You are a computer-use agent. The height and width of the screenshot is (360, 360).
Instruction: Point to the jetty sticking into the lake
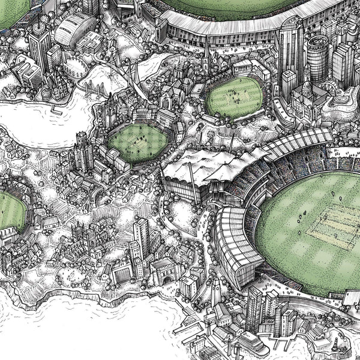(x=57, y=109)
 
